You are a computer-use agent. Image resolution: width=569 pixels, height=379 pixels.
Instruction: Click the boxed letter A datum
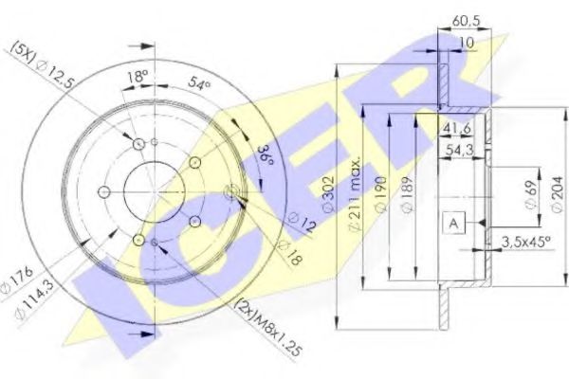(x=454, y=223)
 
